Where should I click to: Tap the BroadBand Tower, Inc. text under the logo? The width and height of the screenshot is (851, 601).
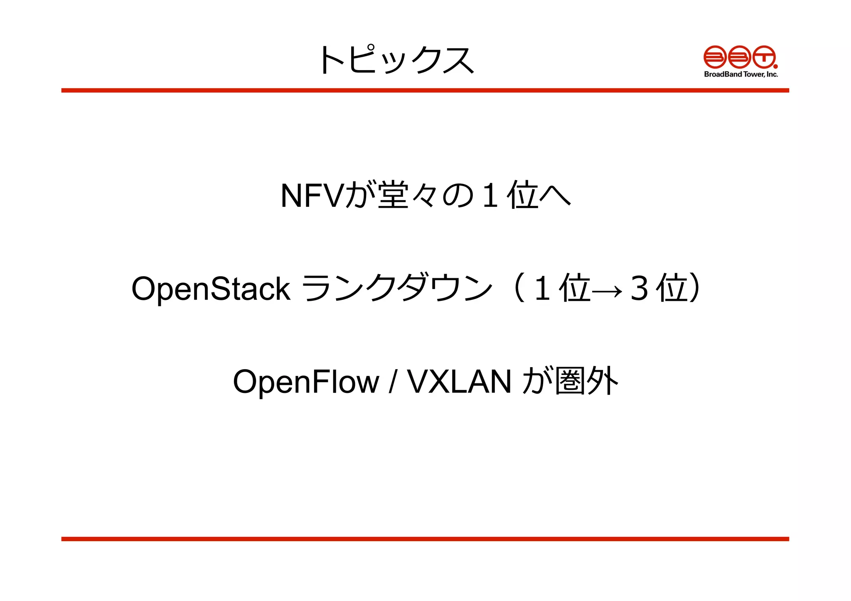pos(741,74)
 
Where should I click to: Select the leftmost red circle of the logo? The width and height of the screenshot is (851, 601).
pos(715,57)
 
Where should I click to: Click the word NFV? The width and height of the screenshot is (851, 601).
pos(312,196)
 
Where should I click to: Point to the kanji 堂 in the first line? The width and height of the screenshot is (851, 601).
pos(393,195)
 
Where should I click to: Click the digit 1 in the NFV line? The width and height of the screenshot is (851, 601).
pos(490,196)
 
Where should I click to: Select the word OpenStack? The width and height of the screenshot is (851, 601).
pos(211,289)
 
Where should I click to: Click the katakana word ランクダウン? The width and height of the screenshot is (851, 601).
pos(397,288)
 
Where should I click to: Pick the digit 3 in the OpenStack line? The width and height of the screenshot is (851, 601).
pos(639,289)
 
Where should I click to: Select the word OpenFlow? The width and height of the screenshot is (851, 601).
pos(306,382)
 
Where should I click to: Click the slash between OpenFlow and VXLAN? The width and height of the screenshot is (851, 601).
pos(392,382)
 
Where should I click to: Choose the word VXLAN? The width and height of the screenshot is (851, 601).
pos(459,381)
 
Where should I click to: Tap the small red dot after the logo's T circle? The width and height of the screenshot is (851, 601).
pos(775,66)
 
